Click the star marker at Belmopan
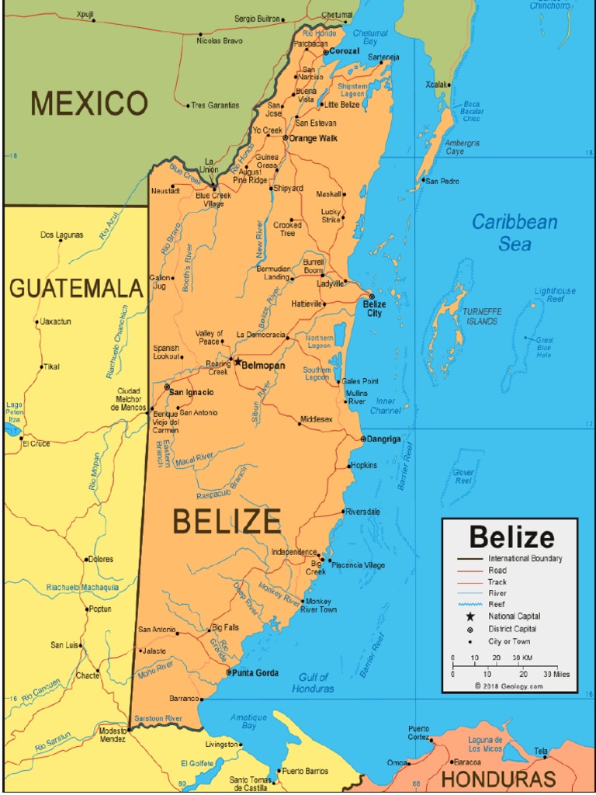click(x=237, y=361)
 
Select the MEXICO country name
click(x=88, y=103)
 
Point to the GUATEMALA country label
click(x=76, y=289)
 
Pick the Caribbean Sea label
click(x=515, y=232)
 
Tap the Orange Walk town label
click(x=314, y=138)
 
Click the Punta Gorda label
click(x=255, y=673)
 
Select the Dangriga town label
click(x=384, y=439)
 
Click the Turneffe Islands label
click(x=482, y=316)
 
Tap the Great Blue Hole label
click(x=544, y=347)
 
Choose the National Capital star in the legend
click(x=470, y=616)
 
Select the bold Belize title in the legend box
click(x=511, y=537)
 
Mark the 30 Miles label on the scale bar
click(x=556, y=674)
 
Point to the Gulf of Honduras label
click(x=314, y=682)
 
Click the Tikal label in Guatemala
click(x=51, y=366)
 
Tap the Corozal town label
click(x=345, y=51)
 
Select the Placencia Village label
click(x=358, y=565)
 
